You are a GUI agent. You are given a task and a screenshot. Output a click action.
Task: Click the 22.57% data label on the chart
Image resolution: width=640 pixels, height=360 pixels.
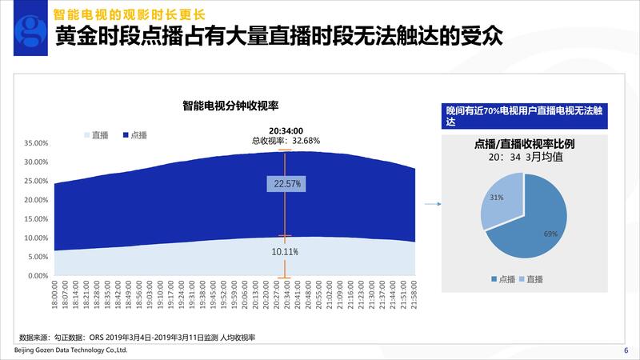(286, 184)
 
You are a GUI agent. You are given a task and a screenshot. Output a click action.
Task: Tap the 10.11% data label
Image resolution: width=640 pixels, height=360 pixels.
(286, 252)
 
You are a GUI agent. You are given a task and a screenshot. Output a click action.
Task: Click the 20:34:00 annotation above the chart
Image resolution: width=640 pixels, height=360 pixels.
(286, 130)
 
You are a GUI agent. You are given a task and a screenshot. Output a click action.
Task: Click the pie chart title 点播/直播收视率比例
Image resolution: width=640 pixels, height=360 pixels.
(525, 145)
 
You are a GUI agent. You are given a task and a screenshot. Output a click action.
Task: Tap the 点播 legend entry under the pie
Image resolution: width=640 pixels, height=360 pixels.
(503, 279)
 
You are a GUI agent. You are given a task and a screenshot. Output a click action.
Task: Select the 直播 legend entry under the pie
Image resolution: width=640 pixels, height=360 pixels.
(531, 279)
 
